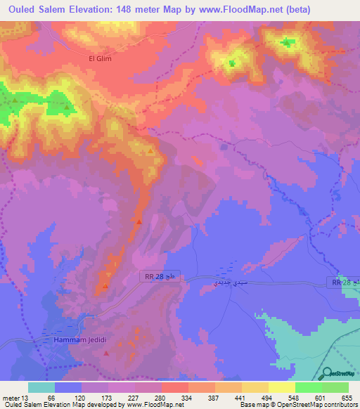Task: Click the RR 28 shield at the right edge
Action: click(x=344, y=282)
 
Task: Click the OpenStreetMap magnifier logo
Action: click(x=328, y=375)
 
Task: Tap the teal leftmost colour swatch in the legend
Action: click(x=41, y=387)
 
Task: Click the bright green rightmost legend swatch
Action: click(x=335, y=387)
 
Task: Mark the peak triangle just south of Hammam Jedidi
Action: click(x=105, y=353)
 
